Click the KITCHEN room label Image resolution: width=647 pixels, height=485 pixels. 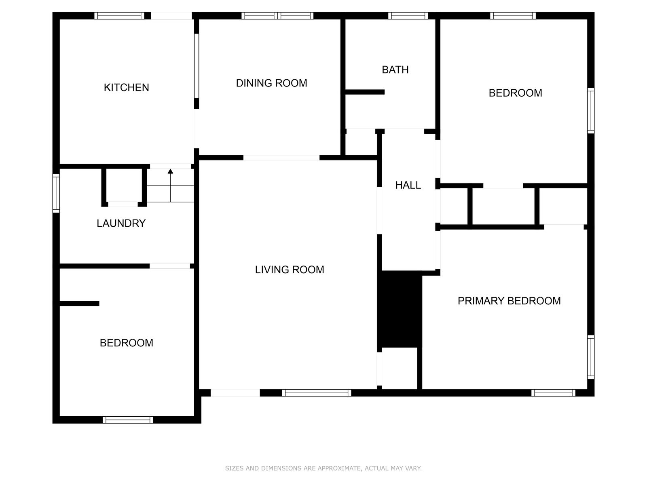[126, 87]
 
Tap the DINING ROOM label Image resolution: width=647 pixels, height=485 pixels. [271, 83]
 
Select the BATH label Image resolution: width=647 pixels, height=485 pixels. [395, 70]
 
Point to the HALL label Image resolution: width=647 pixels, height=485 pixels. [408, 185]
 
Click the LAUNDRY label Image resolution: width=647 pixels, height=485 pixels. [121, 223]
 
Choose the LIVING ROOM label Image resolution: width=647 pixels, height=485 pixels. [290, 270]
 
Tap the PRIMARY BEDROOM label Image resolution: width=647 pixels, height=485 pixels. [509, 301]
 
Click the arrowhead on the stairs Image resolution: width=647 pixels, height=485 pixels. [170, 171]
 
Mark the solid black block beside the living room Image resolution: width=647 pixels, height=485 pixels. [400, 309]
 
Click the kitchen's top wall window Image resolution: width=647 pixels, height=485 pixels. [119, 16]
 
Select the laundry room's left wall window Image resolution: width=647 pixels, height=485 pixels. [56, 193]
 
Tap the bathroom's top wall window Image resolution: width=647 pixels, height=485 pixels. [408, 16]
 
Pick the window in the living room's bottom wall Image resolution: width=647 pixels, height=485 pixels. [317, 393]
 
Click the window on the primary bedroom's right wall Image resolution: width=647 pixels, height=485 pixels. [591, 357]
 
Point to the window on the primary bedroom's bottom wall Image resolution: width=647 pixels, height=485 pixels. [553, 393]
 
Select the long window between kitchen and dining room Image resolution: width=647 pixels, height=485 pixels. [196, 65]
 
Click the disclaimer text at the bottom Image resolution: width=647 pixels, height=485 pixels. [323, 468]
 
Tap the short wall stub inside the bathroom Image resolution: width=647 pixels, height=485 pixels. [365, 92]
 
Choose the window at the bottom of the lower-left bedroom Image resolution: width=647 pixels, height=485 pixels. [128, 420]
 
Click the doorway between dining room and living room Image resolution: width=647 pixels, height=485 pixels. [281, 158]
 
